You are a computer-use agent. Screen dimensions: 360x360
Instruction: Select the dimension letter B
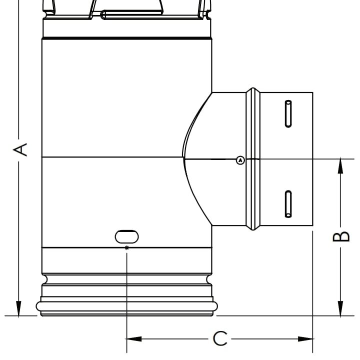click(340, 236)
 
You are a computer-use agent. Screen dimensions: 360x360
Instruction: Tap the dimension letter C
click(220, 339)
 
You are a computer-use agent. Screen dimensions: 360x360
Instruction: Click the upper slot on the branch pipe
click(288, 113)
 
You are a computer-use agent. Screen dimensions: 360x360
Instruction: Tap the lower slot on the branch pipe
click(288, 204)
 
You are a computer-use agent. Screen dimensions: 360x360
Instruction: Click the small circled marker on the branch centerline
click(240, 160)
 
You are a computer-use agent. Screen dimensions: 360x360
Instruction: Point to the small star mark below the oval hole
click(126, 248)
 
